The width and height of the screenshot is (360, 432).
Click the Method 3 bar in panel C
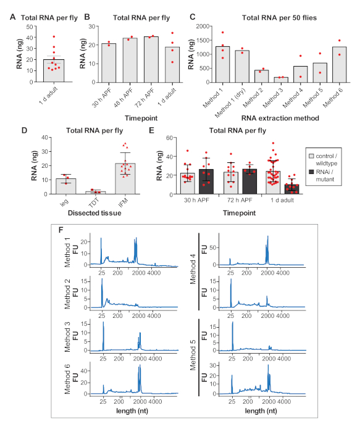point(280,80)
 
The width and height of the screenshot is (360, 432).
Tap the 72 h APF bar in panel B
point(151,59)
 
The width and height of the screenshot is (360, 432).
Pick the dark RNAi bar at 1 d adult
point(291,189)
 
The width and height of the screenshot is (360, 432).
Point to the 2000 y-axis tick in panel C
point(203,26)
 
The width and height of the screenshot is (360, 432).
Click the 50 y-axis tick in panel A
point(30,27)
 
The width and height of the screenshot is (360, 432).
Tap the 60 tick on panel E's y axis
point(169,138)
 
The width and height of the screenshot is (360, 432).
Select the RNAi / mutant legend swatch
point(311,172)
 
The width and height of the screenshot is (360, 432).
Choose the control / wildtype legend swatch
point(311,156)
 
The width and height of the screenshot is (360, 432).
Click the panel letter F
point(61,230)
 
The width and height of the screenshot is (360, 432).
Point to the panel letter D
point(24,130)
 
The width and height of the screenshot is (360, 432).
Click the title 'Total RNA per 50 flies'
point(279,18)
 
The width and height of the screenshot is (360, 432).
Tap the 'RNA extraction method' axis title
point(280,118)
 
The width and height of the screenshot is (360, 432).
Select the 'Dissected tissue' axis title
point(94,213)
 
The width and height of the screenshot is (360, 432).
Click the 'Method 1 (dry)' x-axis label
point(230,103)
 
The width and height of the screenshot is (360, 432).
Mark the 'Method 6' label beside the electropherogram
point(67,379)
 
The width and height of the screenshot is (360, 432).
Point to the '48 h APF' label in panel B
point(123,98)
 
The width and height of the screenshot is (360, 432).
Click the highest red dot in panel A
point(54,36)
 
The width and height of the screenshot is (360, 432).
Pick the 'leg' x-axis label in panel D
point(64,202)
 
